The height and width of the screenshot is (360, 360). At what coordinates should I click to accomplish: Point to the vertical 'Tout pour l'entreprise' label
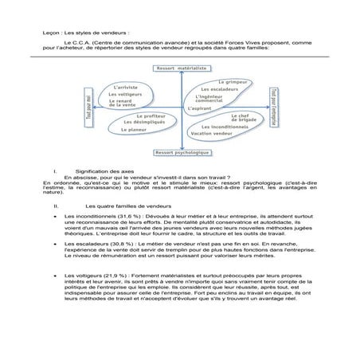272,107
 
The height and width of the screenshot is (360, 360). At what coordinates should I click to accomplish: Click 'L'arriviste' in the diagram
127,85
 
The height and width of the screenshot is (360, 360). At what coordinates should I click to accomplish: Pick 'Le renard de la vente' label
126,103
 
